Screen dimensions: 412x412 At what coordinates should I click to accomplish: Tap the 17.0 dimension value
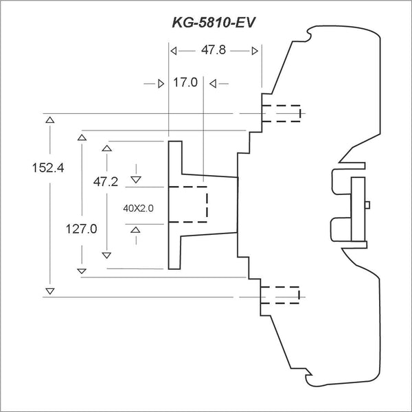coord(185,82)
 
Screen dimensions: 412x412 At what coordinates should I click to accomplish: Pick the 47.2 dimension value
coord(106,181)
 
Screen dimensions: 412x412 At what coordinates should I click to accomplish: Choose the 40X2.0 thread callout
coord(137,207)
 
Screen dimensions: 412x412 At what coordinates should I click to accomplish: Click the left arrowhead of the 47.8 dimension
coord(173,51)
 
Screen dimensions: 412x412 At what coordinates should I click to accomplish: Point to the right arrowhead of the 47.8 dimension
coord(255,51)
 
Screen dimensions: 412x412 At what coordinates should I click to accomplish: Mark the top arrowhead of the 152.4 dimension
coord(49,120)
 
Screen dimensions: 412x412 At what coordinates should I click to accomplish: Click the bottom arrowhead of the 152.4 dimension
coord(49,291)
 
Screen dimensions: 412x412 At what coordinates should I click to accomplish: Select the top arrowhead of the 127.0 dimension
coord(82,137)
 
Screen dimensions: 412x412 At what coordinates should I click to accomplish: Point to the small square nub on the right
coord(368,204)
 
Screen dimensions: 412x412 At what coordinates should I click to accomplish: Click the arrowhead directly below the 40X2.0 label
coord(136,229)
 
